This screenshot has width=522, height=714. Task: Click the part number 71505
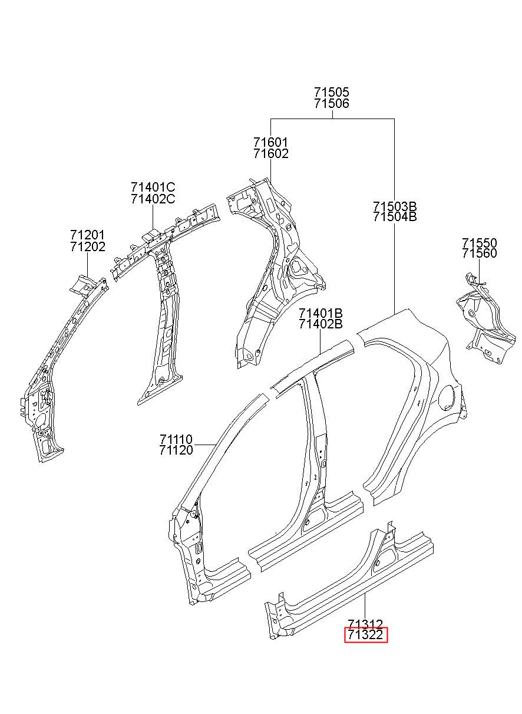[x=332, y=92]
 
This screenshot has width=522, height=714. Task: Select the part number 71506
[x=332, y=103]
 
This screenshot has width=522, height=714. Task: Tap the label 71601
[x=270, y=142]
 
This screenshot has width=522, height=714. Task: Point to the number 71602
[x=270, y=154]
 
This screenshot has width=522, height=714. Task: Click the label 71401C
[x=153, y=187]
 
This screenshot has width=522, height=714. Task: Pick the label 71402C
[x=153, y=199]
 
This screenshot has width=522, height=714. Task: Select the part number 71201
[x=88, y=235]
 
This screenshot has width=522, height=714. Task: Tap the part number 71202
[x=88, y=246]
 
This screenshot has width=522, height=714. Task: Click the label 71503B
[x=395, y=206]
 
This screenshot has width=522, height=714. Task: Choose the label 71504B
[x=395, y=217]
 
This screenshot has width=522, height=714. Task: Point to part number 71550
[x=480, y=243]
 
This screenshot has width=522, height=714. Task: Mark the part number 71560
[x=480, y=254]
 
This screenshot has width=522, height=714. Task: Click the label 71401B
[x=321, y=313]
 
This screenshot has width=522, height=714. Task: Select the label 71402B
[x=321, y=324]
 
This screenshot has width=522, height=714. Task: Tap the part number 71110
[x=176, y=440]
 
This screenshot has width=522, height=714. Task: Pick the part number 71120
[x=176, y=450]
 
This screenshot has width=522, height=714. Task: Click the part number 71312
[x=365, y=623]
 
